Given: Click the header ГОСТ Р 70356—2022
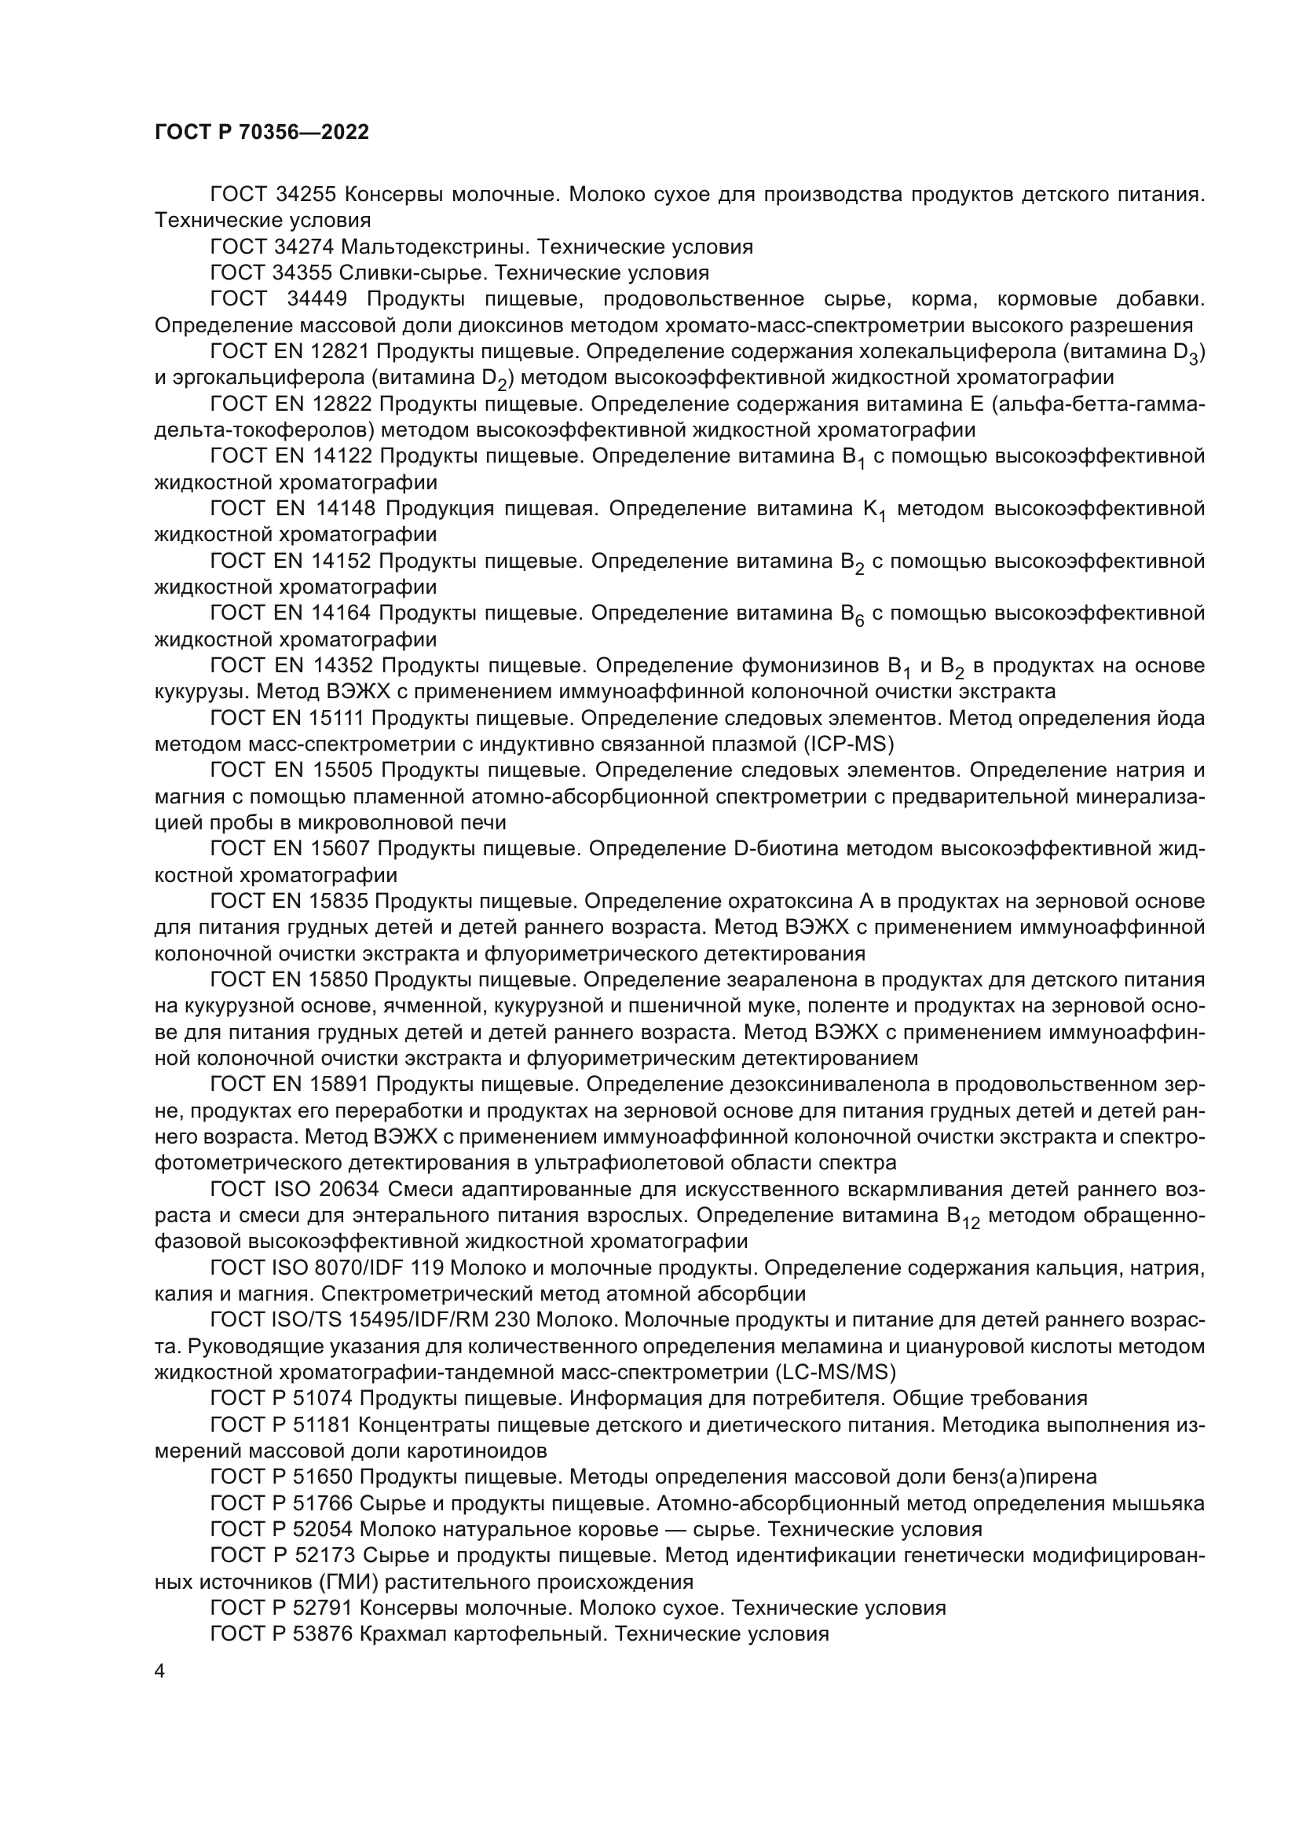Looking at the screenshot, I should pos(262,133).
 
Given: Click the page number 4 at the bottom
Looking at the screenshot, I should pos(159,1671).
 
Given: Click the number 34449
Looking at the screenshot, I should pos(317,299).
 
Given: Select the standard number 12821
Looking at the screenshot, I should pos(338,351).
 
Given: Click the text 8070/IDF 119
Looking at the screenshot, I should pos(392,1268).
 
